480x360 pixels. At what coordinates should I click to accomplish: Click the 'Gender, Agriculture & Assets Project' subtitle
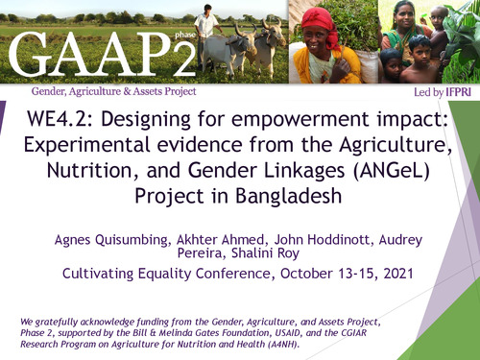pos(114,91)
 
